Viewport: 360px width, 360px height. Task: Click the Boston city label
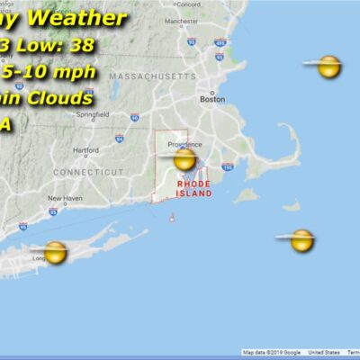(212, 100)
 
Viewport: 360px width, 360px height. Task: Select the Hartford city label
(86, 150)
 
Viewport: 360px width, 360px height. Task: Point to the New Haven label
(64, 198)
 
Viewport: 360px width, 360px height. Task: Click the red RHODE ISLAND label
(194, 188)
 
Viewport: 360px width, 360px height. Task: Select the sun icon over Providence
(184, 160)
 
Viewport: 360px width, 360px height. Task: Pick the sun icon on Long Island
(56, 252)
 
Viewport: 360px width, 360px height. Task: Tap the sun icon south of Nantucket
(302, 239)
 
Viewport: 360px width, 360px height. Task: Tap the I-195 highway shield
(229, 167)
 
